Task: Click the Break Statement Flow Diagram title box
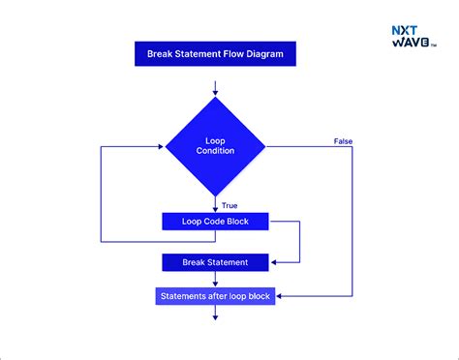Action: click(x=215, y=54)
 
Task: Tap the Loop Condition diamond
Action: click(x=215, y=146)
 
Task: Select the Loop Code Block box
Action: click(x=215, y=222)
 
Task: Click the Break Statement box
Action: click(x=215, y=261)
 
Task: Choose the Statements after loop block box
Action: click(x=215, y=296)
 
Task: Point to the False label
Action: click(x=343, y=141)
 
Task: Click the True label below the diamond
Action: click(x=229, y=205)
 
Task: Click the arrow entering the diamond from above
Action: click(x=215, y=88)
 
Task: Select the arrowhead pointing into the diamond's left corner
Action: click(x=160, y=146)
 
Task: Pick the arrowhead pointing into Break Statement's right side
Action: click(x=275, y=261)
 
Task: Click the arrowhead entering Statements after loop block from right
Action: click(x=281, y=296)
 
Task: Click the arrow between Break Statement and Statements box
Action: click(x=215, y=279)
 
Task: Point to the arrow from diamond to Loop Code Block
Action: click(x=215, y=203)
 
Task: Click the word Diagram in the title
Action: click(x=263, y=54)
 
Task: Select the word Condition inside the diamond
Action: click(x=215, y=152)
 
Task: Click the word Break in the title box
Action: click(x=160, y=54)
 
